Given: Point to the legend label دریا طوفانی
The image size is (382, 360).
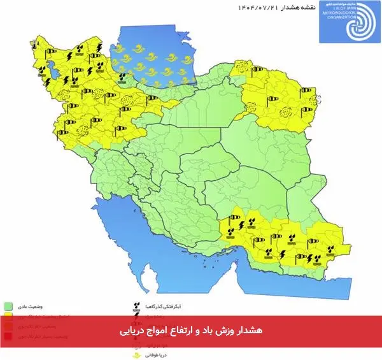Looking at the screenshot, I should click(155, 354).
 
